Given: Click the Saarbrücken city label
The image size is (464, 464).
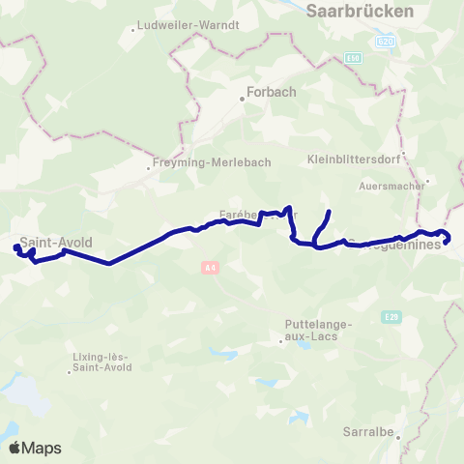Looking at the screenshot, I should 359,12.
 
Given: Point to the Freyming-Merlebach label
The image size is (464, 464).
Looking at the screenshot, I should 213,163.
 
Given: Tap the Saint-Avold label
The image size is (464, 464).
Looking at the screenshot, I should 56,243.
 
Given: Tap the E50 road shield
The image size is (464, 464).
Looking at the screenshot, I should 354,58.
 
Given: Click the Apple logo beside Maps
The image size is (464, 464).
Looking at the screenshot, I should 15,448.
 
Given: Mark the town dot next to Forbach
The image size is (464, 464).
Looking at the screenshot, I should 243,98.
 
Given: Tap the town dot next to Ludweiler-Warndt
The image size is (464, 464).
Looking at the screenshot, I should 133,31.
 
